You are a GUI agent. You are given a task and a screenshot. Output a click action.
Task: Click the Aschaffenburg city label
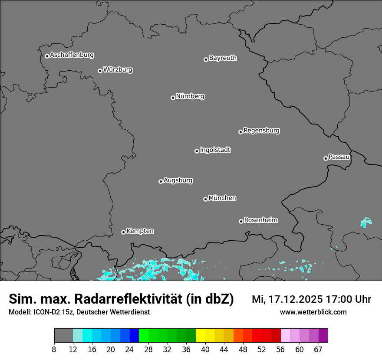[72, 55]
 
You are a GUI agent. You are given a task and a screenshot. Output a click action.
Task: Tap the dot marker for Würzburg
[100, 71]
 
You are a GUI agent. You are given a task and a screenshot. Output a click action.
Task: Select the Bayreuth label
[223, 58]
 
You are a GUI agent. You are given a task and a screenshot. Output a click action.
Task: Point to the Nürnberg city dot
[173, 98]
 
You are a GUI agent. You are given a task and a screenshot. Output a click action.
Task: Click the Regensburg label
[261, 130]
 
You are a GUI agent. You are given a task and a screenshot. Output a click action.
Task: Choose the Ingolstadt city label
[215, 150]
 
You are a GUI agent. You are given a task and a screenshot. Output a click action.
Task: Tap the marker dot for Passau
[326, 158]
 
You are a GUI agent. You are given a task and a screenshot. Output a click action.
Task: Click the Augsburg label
[178, 180]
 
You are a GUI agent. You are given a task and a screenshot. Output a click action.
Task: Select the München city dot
[205, 199]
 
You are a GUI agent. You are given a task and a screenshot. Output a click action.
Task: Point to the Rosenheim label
[260, 220]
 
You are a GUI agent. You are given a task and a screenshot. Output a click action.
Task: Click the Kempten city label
[140, 231]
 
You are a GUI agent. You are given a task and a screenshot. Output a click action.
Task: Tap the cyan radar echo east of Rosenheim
[366, 223]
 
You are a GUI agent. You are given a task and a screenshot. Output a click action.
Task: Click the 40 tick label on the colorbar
[205, 349]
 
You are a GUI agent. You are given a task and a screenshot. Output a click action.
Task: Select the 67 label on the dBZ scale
[318, 349]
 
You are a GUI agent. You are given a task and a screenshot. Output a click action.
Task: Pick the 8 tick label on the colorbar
[54, 349]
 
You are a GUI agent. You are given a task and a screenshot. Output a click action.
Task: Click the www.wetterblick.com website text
[313, 312]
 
